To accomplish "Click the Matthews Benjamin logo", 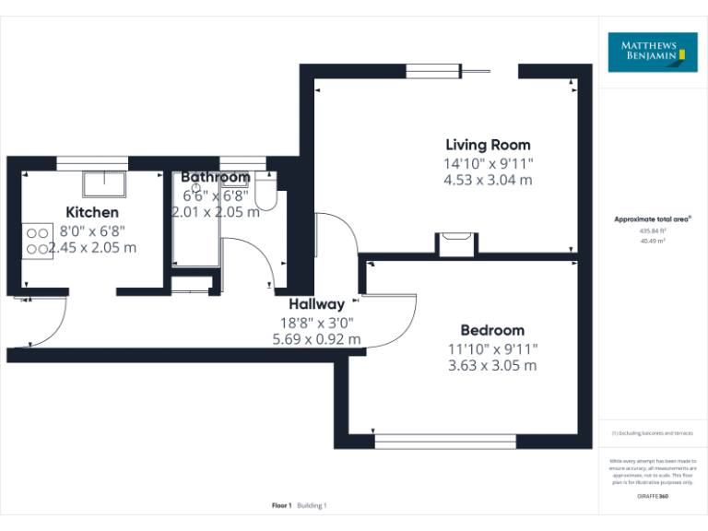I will pos(653,52).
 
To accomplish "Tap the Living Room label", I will pos(488,145).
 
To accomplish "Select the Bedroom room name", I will pos(492,330).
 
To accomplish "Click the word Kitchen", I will pos(92,213).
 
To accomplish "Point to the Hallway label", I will pos(316,304).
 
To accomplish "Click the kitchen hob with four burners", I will pos(37,240).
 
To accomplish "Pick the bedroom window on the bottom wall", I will pos(445,442).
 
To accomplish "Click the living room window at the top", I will pos(434,71).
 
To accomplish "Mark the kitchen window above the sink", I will pos(92,162).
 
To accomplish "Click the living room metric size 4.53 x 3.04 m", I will pos(488,181).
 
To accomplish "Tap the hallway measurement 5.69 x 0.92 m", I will pos(316,340).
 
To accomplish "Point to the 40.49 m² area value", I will pos(653,241).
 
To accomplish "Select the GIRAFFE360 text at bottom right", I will pos(653,496).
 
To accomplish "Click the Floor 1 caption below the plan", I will pos(281,505).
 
